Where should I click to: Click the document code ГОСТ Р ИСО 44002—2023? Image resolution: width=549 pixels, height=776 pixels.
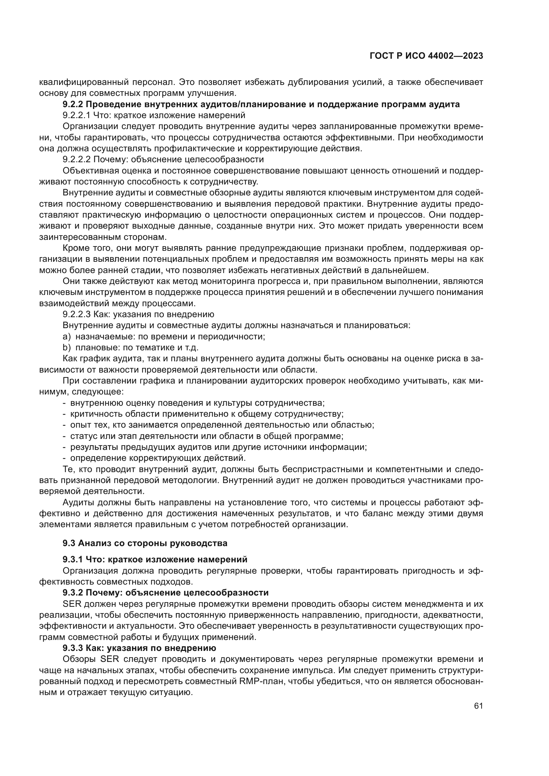(x=426, y=56)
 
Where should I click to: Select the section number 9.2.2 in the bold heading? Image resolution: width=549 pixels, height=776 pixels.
(x=72, y=105)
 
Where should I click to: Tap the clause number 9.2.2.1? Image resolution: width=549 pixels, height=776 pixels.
(x=76, y=115)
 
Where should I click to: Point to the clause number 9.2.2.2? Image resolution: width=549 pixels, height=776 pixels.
(x=76, y=160)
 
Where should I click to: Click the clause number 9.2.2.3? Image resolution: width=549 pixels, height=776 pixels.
(x=76, y=314)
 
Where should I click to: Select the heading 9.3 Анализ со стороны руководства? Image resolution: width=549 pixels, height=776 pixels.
(x=145, y=543)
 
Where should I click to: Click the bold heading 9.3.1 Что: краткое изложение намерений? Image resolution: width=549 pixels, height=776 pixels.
(x=155, y=559)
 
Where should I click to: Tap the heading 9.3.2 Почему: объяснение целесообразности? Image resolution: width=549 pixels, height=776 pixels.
(x=165, y=593)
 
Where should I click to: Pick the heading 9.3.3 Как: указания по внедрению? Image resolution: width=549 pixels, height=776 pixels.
(x=139, y=648)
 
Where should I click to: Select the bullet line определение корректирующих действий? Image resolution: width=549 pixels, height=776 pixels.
(x=158, y=458)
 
